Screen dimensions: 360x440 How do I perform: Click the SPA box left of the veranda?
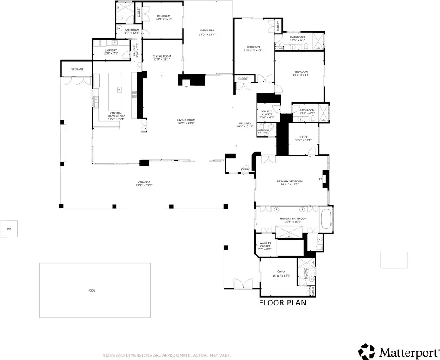[9, 228]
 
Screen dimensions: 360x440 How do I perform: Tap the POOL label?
[92, 291]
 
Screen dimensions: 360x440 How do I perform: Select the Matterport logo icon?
[367, 351]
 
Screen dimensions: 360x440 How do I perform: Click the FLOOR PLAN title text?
[282, 302]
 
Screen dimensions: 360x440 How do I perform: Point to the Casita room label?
[281, 271]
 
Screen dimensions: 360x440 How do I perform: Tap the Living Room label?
[186, 120]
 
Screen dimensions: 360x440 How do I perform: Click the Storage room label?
[77, 69]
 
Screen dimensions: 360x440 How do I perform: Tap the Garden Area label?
[207, 30]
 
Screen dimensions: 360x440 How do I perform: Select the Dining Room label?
[162, 56]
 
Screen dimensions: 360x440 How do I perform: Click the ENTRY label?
[245, 169]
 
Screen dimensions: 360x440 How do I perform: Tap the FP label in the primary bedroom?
[320, 179]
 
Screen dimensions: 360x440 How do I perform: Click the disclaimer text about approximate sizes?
[167, 355]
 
